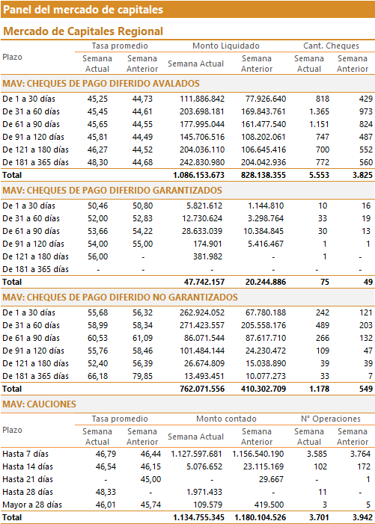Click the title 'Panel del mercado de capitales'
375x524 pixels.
pyautogui.click(x=83, y=10)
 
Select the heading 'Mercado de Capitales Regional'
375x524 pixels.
pyautogui.click(x=83, y=31)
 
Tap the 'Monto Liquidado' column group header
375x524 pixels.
pyautogui.click(x=226, y=46)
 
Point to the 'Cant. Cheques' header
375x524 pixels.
pyautogui.click(x=331, y=46)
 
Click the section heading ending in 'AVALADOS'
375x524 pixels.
pyautogui.click(x=101, y=84)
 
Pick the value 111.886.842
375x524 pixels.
pyautogui.click(x=202, y=99)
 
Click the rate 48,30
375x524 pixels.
pyautogui.click(x=97, y=162)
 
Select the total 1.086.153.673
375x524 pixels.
pyautogui.click(x=198, y=175)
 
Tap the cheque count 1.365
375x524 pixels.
pyautogui.click(x=319, y=111)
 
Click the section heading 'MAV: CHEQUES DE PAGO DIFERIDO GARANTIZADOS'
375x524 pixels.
pyautogui.click(x=112, y=191)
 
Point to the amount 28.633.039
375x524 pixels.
pyautogui.click(x=202, y=231)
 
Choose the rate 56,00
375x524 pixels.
pyautogui.click(x=98, y=256)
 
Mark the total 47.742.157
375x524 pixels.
pyautogui.click(x=204, y=282)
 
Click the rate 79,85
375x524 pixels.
pyautogui.click(x=142, y=376)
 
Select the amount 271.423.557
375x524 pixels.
pyautogui.click(x=202, y=325)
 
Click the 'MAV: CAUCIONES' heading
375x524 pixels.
pyautogui.click(x=39, y=404)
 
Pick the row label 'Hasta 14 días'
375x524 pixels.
pyautogui.click(x=28, y=466)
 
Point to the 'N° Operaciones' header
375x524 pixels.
pyautogui.click(x=331, y=419)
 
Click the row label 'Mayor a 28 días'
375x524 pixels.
pyautogui.click(x=32, y=505)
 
